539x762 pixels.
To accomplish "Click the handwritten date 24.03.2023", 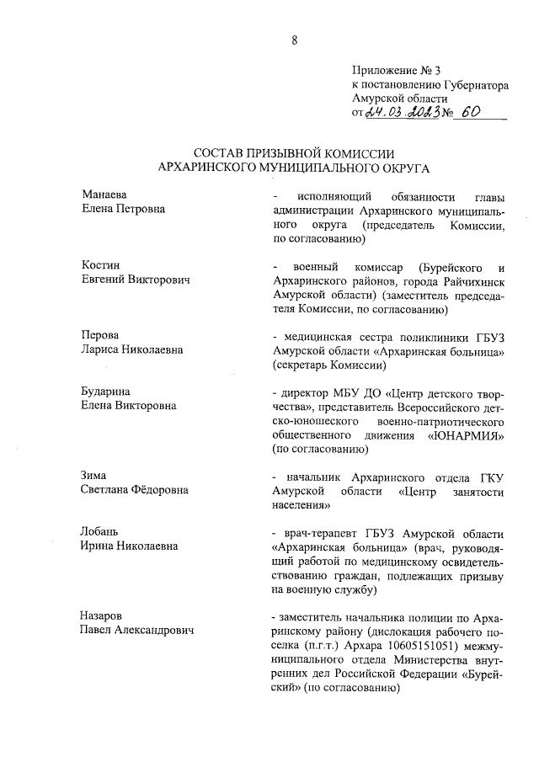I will click(398, 114).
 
